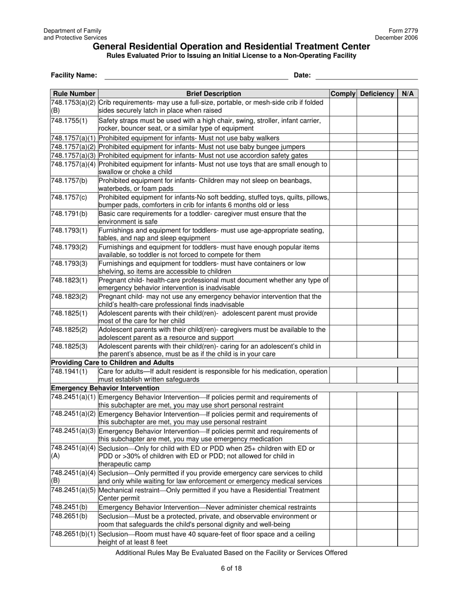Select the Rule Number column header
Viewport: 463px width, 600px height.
pos(74,94)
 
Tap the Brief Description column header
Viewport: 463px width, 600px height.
pos(213,94)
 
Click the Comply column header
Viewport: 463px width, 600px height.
pos(343,94)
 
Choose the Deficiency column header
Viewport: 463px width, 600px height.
pos(377,94)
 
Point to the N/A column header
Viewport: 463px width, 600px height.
pos(407,94)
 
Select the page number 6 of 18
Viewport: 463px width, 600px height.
pos(231,568)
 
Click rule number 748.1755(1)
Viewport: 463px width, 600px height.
pos(69,120)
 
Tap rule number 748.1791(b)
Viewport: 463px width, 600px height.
pos(69,214)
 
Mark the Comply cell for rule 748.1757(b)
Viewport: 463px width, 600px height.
pos(343,184)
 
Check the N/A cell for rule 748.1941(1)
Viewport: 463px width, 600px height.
pos(407,375)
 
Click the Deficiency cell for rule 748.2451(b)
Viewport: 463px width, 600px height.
pos(377,507)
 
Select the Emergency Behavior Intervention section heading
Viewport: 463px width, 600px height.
pos(105,388)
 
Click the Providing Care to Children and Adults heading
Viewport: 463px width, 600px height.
pos(112,362)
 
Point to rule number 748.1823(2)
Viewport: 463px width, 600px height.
pos(69,297)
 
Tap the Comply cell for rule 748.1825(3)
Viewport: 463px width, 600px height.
pos(343,350)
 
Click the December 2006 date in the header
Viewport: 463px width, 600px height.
pos(396,38)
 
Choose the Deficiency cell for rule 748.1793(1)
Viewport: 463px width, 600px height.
pos(377,234)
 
